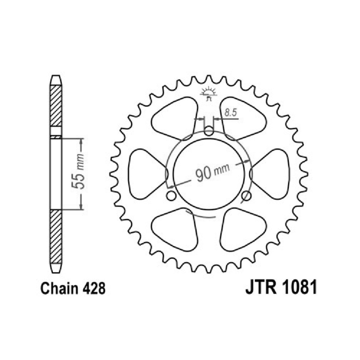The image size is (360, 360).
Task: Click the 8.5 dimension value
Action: pyautogui.click(x=230, y=113)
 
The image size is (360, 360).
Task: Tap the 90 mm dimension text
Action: pyautogui.click(x=212, y=171)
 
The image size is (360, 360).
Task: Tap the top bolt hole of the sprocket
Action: pyautogui.click(x=208, y=131)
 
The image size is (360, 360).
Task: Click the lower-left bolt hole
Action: pyautogui.click(x=171, y=196)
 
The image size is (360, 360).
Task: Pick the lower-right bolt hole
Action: pyautogui.click(x=246, y=196)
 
